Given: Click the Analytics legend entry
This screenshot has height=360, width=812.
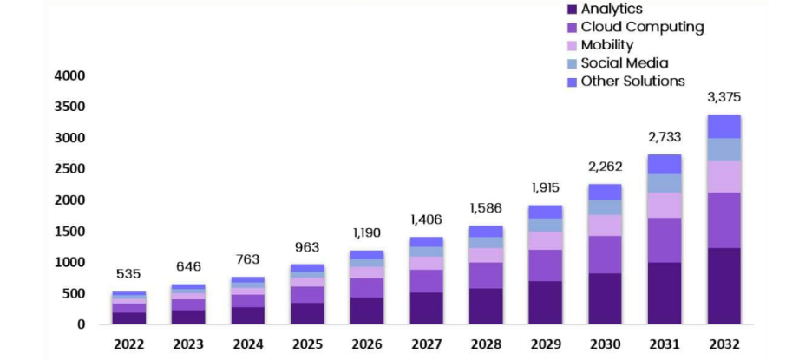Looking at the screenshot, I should point(612,9).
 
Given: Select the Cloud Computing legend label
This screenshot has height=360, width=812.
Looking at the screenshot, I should point(642,27).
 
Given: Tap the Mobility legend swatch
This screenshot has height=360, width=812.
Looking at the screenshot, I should point(572,45).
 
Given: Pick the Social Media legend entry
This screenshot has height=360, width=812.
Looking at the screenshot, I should point(624,63).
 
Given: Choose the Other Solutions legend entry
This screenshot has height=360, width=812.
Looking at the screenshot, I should point(632,82).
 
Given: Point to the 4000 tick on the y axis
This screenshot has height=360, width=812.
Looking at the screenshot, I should point(69,76).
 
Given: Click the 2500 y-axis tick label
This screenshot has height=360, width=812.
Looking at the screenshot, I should point(69,169).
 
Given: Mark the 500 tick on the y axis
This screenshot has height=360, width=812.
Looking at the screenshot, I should point(73,294).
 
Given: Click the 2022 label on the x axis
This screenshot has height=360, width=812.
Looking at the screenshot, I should point(128,344).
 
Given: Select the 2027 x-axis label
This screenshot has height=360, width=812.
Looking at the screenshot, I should point(426,344).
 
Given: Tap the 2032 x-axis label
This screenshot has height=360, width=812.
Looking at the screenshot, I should point(724,344).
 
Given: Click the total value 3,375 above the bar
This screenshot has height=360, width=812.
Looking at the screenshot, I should point(724,97).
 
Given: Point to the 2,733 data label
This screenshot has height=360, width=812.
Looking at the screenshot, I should point(665,137).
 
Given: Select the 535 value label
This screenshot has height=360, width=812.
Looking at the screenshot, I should point(128,275).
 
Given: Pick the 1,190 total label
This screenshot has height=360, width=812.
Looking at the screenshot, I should point(367,233).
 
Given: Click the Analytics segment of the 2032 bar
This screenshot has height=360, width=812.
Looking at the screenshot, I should point(724,286).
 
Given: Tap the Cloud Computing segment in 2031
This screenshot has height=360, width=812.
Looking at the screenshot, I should point(665,240).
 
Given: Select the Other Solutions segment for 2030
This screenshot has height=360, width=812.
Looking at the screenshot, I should point(605,192).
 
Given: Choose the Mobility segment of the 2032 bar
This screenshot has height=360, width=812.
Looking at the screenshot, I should point(724,177).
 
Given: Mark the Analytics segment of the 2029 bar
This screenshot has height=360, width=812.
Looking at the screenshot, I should point(546,303).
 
